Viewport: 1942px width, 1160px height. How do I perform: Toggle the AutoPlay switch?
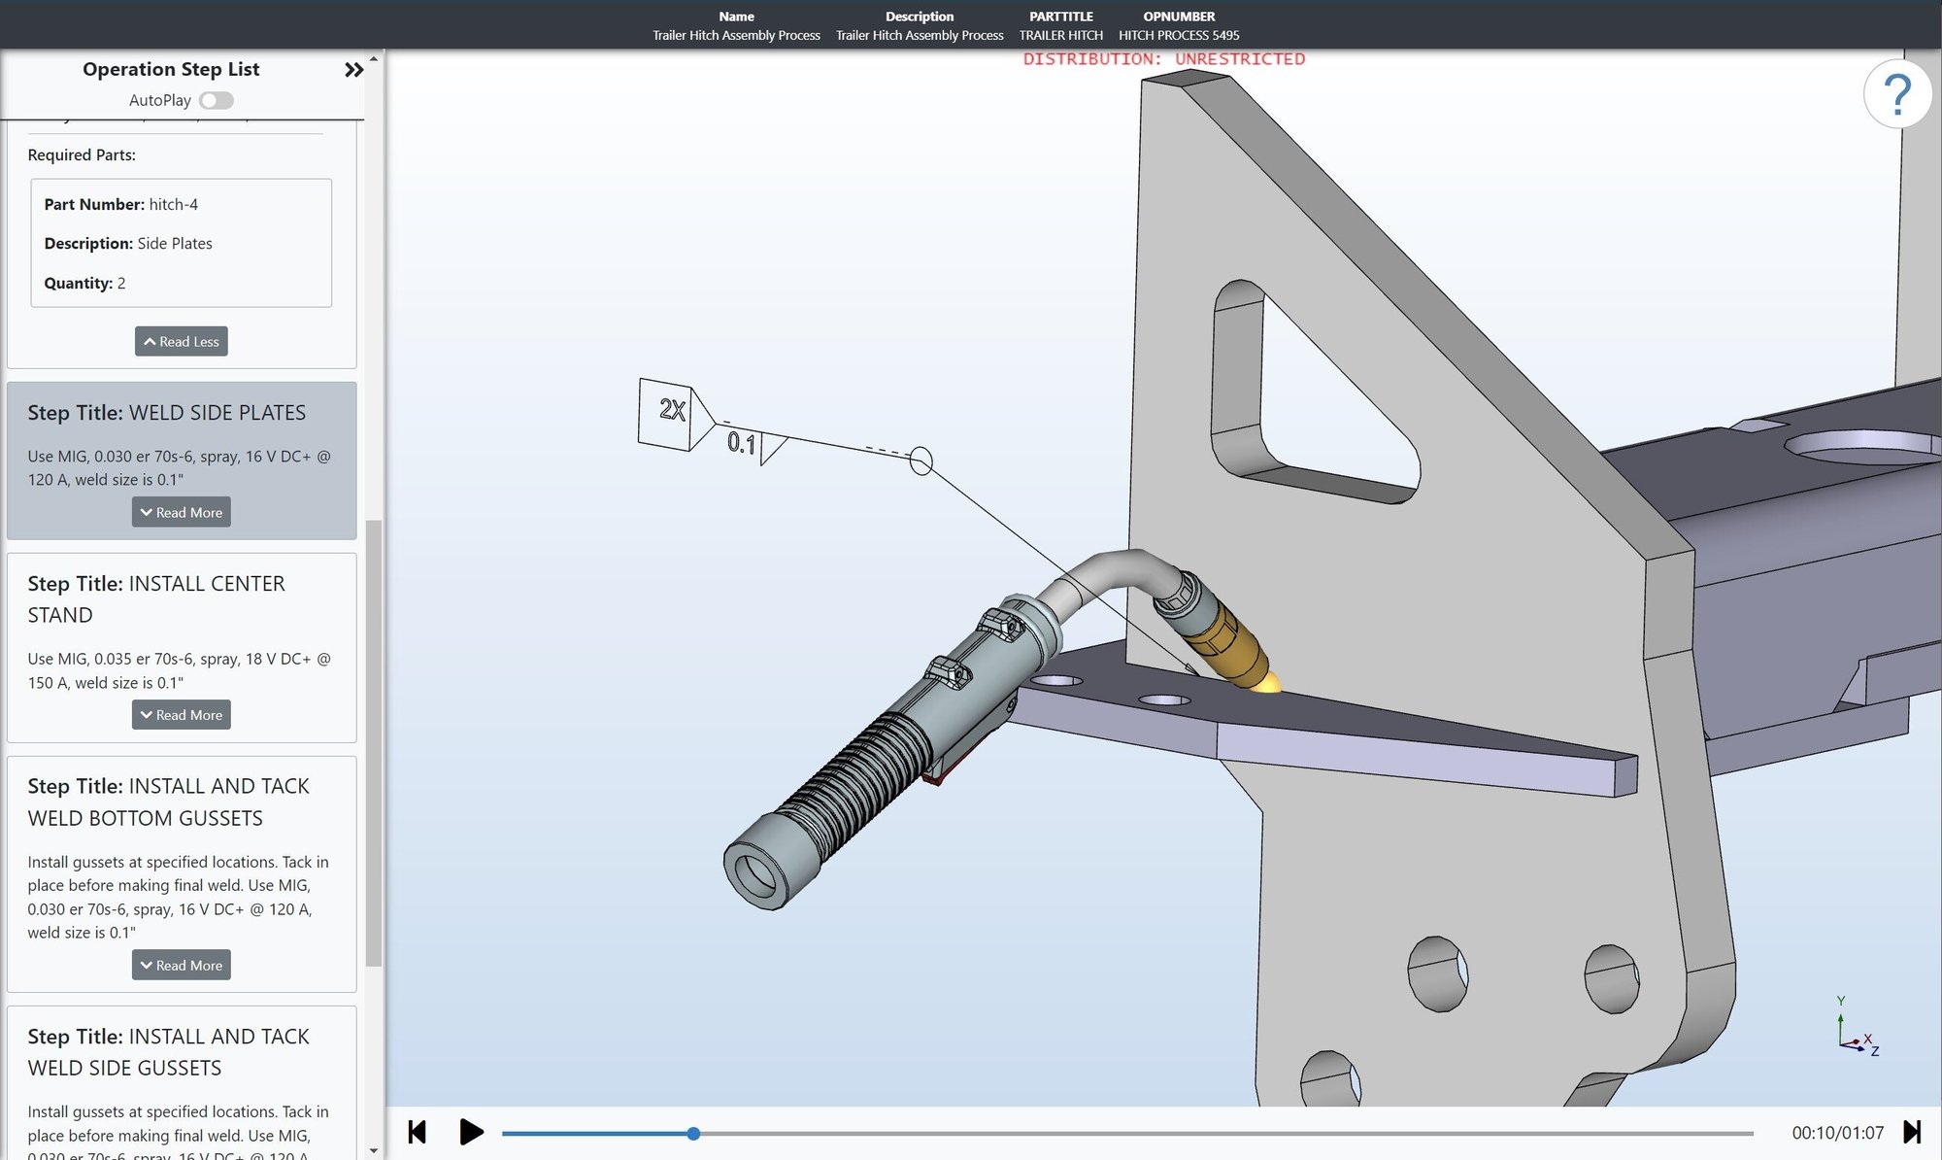click(x=216, y=100)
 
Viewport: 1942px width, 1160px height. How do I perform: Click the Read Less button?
click(x=182, y=341)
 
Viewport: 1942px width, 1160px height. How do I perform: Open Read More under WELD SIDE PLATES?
click(x=182, y=512)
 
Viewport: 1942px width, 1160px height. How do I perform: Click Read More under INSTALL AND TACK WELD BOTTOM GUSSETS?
click(x=182, y=965)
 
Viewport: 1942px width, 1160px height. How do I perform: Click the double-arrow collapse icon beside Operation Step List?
click(x=353, y=70)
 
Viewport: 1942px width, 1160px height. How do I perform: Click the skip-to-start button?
click(x=418, y=1132)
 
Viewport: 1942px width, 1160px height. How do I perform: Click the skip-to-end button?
click(x=1911, y=1132)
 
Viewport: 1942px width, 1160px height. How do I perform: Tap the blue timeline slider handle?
click(x=693, y=1133)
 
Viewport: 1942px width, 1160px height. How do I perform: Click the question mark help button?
click(x=1897, y=94)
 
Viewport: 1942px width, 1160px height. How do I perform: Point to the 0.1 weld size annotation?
click(x=741, y=443)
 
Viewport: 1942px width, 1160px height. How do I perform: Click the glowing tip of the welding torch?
click(x=1267, y=684)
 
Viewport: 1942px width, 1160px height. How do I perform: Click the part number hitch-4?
click(x=173, y=204)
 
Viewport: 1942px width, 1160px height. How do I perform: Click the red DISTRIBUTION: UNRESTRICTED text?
click(x=1163, y=59)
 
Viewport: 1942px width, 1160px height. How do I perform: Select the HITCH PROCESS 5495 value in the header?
click(x=1179, y=35)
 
